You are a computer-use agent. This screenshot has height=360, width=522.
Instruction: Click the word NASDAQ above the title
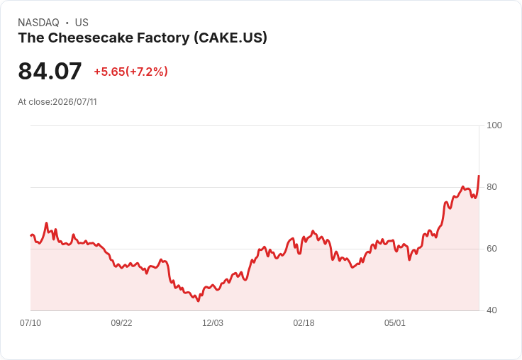[38, 23]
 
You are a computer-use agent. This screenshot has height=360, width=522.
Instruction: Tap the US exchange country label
[82, 23]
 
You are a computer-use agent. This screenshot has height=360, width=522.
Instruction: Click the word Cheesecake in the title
[91, 38]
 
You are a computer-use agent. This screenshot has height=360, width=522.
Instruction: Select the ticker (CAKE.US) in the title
[231, 38]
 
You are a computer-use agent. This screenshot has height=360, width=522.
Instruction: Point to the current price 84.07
[50, 71]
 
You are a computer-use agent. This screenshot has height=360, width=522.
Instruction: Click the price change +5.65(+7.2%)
[130, 72]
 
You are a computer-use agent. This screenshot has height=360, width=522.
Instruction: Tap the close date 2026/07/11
[75, 102]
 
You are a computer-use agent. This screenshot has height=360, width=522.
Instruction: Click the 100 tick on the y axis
[494, 125]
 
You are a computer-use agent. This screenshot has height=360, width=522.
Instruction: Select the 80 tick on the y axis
[492, 187]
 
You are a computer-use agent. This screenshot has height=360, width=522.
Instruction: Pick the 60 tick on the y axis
[492, 249]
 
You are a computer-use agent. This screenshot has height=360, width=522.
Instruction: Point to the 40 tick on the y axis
[492, 310]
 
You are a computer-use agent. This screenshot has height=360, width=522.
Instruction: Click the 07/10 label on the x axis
[30, 322]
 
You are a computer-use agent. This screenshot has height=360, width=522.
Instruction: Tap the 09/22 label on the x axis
[121, 322]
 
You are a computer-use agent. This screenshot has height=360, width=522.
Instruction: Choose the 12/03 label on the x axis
[213, 322]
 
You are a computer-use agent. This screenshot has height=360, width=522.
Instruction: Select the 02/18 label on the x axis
[304, 322]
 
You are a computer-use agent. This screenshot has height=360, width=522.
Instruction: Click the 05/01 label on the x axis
[395, 322]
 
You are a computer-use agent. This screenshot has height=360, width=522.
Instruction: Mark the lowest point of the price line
[199, 301]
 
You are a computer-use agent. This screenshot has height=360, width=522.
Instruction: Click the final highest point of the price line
[479, 175]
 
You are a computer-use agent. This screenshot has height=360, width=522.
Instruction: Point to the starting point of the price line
[31, 235]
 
